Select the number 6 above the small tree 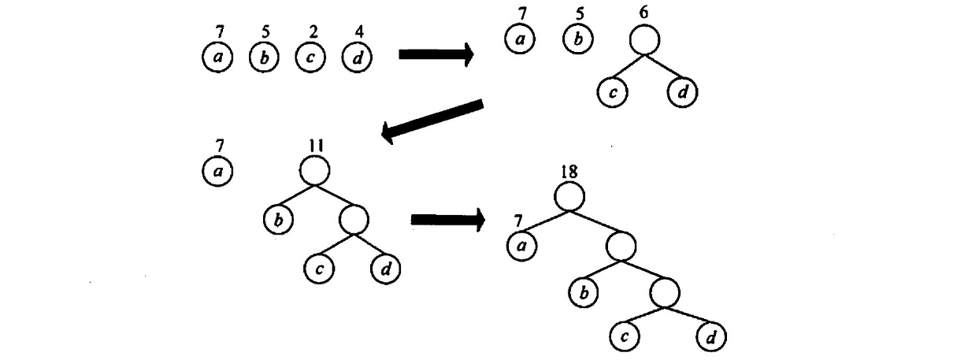(644, 15)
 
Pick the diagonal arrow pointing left (432, 121)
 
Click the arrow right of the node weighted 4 (436, 54)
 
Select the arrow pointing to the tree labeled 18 (447, 220)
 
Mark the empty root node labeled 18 (569, 195)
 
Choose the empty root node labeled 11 (314, 170)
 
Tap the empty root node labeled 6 (644, 40)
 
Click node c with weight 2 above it (311, 58)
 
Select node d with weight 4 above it (358, 58)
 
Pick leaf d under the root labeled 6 (683, 92)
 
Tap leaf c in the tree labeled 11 (319, 269)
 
